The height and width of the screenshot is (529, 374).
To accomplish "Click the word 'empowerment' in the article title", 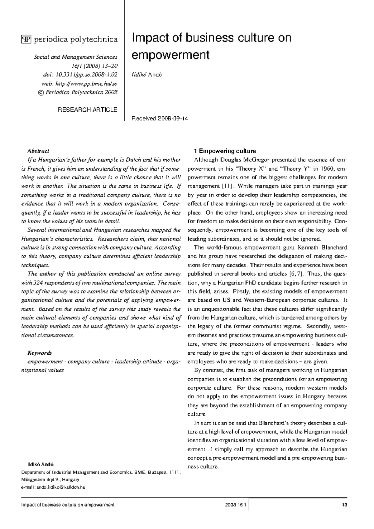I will pos(170,55).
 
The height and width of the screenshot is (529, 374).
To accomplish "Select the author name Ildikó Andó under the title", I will pos(147,75).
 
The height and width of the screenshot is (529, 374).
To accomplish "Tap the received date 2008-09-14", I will pos(173,119).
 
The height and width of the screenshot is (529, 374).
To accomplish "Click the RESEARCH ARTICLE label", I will pos(88,110).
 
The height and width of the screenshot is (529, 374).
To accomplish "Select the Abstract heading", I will pos(38,151).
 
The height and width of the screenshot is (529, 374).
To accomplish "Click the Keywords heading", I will pos(40,353).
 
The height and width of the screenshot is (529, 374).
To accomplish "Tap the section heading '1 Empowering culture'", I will pos(225,151).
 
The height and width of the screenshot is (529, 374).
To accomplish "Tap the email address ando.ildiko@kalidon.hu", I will pos(61,487).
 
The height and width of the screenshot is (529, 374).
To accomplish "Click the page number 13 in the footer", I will pos(344,505).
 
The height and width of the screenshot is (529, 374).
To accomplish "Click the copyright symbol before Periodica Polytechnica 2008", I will pos(41,92).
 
